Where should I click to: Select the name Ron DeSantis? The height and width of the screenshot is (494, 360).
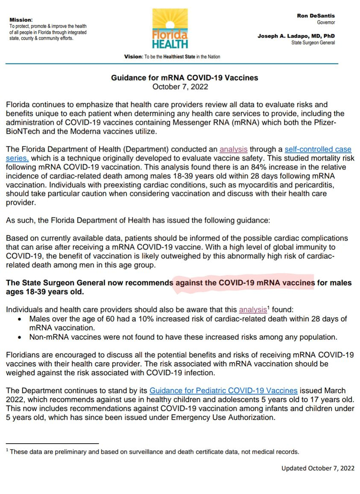pos(316,16)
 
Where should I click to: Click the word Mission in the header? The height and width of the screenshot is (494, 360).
pos(20,20)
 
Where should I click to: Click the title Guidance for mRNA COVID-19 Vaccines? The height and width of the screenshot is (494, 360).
pos(184,78)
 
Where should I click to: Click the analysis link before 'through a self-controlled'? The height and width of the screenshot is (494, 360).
pos(234,149)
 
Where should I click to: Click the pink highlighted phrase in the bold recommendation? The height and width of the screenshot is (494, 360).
pos(244,283)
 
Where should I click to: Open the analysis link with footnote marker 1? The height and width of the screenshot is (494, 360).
pos(253,310)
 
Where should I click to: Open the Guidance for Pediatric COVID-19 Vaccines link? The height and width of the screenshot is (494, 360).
pos(223,391)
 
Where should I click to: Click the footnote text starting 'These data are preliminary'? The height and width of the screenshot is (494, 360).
pos(154,452)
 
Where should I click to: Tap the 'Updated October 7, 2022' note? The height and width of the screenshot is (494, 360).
pos(318,468)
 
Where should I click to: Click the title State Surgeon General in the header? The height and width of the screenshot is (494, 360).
pos(313,43)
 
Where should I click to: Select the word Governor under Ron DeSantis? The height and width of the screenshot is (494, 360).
pos(326,22)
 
